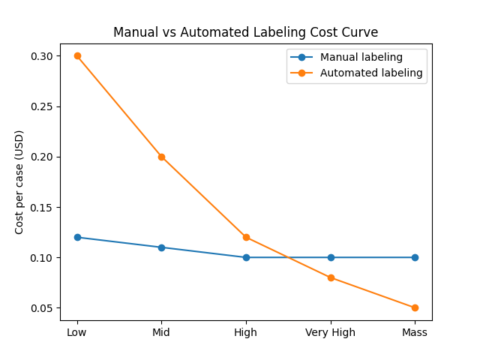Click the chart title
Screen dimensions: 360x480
coord(246,32)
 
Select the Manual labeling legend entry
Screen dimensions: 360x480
coord(361,57)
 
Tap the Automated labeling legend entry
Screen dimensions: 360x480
coord(371,73)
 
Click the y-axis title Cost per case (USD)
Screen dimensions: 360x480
coord(19,181)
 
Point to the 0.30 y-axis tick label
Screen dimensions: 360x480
coord(42,56)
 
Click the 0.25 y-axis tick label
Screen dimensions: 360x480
coord(42,106)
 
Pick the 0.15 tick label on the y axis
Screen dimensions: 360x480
coord(42,207)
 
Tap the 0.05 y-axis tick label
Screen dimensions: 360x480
coord(42,308)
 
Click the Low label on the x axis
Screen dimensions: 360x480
coord(77,332)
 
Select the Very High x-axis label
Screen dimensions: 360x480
coord(331,332)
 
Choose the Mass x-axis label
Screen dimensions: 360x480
coord(415,332)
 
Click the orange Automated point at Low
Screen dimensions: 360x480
coord(77,55)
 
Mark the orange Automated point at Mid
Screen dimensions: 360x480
coord(161,157)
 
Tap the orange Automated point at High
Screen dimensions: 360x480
coord(246,237)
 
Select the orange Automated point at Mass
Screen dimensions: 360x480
coord(415,307)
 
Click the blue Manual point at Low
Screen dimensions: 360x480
coord(77,237)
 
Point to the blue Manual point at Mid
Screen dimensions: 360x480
coord(161,247)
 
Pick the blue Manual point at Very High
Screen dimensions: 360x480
coord(331,257)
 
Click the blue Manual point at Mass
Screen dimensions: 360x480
coord(415,257)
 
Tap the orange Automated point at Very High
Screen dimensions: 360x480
coord(331,277)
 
